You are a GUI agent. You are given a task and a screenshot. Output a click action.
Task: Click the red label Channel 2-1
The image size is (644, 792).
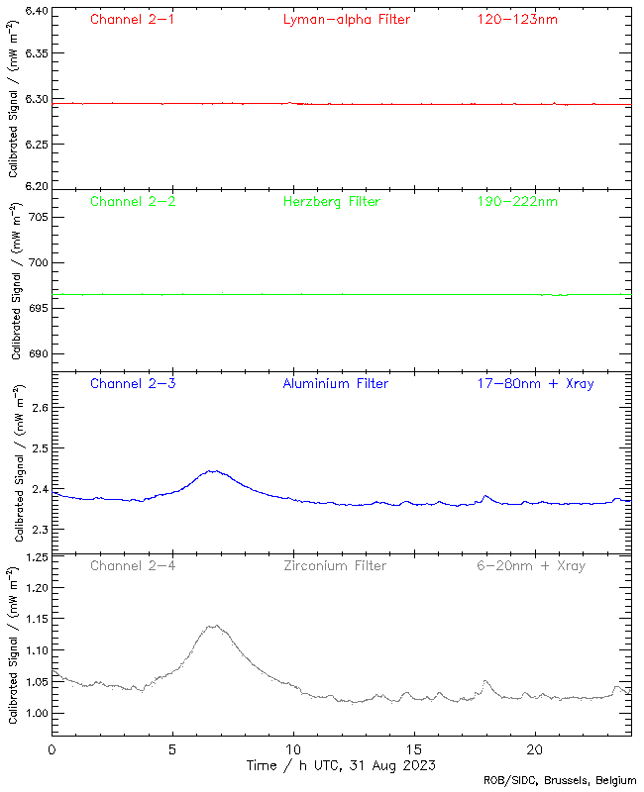point(133,19)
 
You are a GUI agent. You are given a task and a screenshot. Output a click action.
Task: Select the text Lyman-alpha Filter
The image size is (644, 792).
point(346,19)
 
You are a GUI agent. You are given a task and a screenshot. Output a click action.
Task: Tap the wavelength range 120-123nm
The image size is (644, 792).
point(515,19)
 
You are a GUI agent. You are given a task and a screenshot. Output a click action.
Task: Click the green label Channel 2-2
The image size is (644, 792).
point(133,201)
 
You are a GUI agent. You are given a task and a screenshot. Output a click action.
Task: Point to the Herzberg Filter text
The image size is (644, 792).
point(331,201)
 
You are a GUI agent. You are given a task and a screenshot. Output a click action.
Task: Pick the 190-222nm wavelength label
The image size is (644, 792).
point(515,201)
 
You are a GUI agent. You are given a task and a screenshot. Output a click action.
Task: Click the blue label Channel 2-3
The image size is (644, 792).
point(133,383)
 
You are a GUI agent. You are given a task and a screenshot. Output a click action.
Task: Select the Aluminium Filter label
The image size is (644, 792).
point(335,383)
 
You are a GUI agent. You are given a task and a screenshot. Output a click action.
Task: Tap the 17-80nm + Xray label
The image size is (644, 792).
point(534,383)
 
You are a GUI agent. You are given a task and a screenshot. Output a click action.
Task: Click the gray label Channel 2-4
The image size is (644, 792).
point(133,565)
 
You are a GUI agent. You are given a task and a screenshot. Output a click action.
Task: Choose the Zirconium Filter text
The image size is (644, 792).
point(334,565)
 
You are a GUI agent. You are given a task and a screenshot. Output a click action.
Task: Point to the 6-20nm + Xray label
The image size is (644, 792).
point(529,565)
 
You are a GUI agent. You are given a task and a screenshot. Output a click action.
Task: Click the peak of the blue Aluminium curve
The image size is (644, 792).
point(212,471)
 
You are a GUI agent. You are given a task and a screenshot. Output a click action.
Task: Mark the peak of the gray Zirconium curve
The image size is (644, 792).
point(212,626)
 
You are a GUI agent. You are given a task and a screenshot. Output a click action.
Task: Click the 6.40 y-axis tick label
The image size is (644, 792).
point(35,11)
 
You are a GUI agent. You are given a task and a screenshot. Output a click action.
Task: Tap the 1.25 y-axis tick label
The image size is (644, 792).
point(35,557)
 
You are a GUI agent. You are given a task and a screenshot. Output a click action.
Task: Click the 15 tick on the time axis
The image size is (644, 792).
point(414,750)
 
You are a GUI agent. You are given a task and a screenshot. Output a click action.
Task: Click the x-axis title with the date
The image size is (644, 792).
point(341,766)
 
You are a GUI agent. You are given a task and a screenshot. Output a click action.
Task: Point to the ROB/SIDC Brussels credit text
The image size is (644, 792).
point(560,780)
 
